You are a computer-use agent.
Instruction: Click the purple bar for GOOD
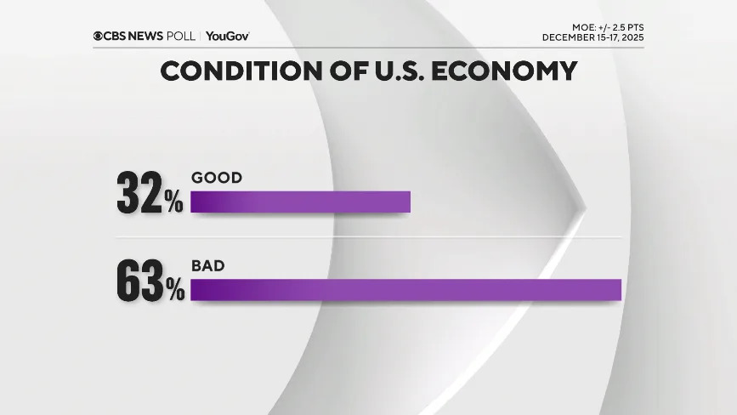[300, 202]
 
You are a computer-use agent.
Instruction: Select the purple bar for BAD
[405, 289]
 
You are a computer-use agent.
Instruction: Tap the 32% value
[150, 195]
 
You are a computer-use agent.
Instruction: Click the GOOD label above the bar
[217, 178]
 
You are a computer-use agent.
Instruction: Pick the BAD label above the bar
[208, 266]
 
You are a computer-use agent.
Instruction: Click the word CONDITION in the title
[231, 71]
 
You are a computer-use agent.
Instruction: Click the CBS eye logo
[99, 36]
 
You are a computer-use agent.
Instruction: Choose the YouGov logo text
[227, 36]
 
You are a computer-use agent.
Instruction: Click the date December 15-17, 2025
[592, 37]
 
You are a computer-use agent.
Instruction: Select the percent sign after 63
[175, 291]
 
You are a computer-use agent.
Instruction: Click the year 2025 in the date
[631, 37]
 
